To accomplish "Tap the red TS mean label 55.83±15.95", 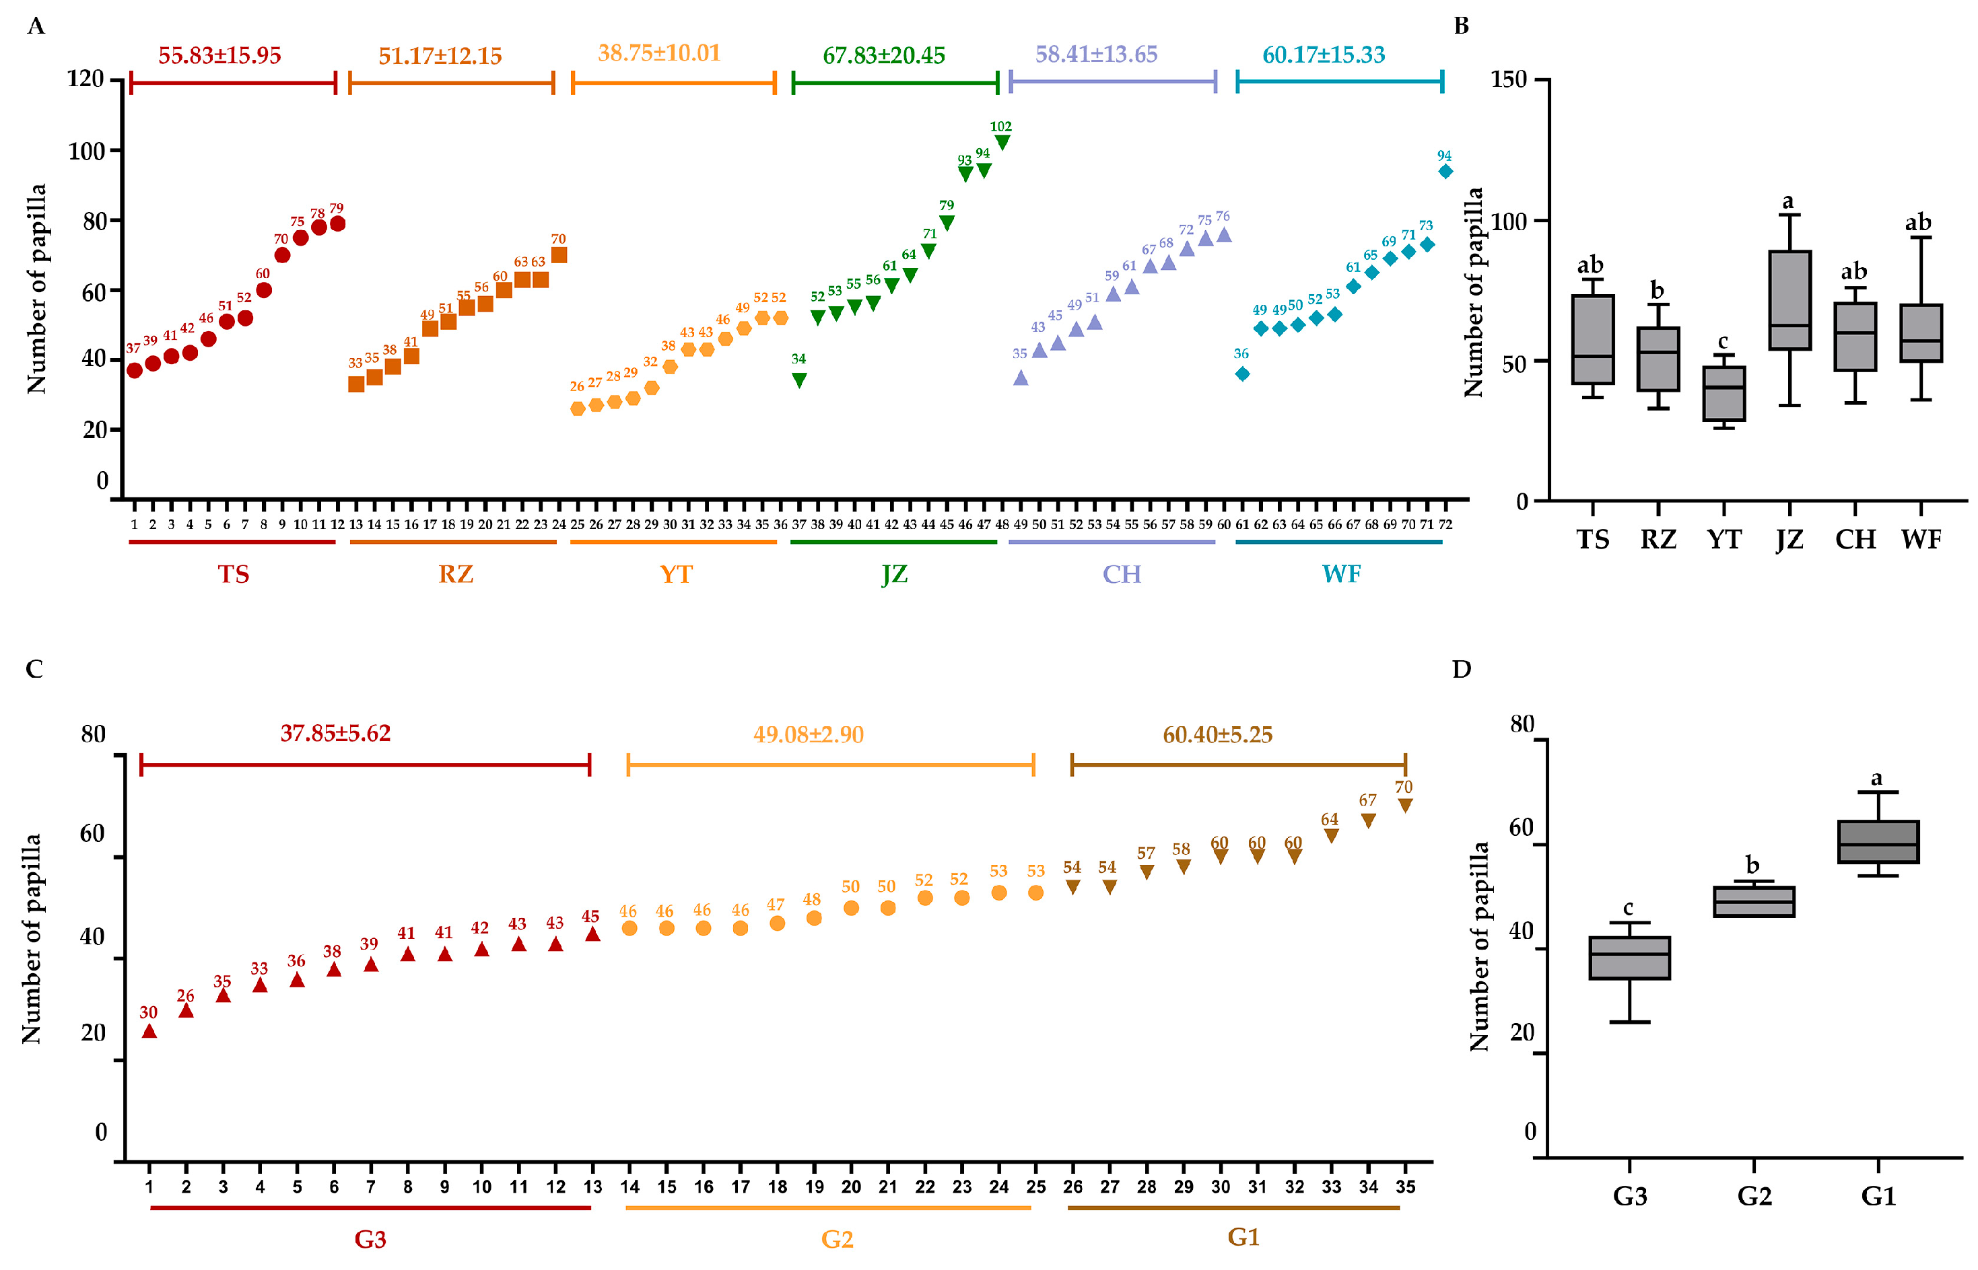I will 219,55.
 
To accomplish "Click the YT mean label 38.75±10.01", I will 659,52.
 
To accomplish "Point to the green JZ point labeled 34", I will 798,380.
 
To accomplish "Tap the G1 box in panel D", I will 1878,842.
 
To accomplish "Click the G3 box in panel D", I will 1630,958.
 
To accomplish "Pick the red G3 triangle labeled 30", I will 149,1031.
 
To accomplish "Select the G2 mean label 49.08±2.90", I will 809,735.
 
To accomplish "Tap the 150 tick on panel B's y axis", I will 1509,79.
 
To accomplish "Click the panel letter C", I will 34,669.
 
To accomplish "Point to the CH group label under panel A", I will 1122,574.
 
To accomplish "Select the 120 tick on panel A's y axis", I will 85,79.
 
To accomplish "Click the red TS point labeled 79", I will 337,224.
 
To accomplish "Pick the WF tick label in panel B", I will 1921,539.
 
